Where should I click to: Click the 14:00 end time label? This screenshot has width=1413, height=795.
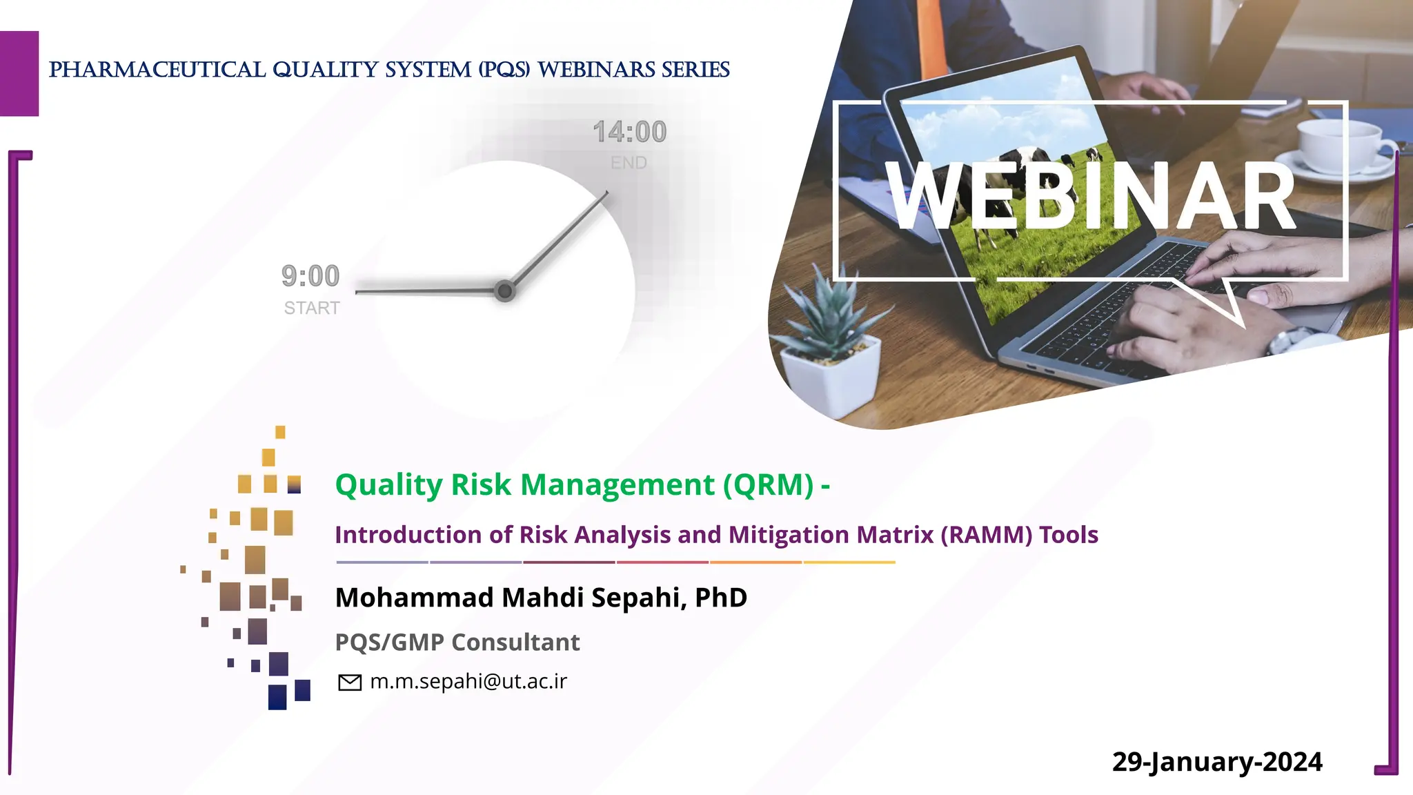[629, 132]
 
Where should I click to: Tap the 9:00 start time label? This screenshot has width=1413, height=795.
[310, 276]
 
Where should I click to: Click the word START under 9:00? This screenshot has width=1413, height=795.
[312, 308]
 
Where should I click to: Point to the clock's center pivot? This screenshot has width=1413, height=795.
[505, 291]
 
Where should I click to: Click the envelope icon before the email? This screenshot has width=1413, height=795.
[350, 683]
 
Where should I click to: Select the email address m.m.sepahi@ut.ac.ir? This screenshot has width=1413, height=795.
[468, 681]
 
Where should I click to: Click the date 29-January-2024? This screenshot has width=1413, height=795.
[1217, 762]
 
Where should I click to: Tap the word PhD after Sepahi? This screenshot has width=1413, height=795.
[721, 598]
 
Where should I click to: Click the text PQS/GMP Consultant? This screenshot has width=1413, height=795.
[457, 642]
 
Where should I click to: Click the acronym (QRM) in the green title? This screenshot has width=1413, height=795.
[769, 484]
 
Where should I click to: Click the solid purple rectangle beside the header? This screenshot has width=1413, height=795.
[19, 73]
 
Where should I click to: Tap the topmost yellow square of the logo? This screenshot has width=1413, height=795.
[280, 432]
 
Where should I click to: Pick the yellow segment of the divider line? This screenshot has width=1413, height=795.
[849, 562]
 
